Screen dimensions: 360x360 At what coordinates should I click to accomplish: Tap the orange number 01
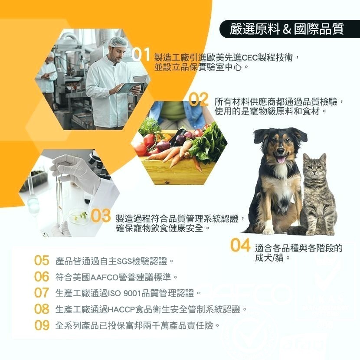pyautogui.click(x=142, y=56)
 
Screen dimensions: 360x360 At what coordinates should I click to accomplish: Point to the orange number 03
pyautogui.click(x=101, y=216)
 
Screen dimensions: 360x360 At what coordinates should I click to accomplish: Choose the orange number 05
pyautogui.click(x=42, y=261)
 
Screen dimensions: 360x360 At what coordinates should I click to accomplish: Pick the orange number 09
pyautogui.click(x=42, y=325)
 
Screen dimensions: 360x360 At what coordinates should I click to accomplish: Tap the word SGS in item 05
pyautogui.click(x=125, y=261)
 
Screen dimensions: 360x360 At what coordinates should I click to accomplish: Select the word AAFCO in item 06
pyautogui.click(x=101, y=277)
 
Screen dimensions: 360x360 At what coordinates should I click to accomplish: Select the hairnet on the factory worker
pyautogui.click(x=118, y=42)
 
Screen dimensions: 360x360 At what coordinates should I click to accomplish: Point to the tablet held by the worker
pyautogui.click(x=129, y=87)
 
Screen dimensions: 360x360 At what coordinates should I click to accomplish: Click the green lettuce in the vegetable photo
pyautogui.click(x=209, y=143)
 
